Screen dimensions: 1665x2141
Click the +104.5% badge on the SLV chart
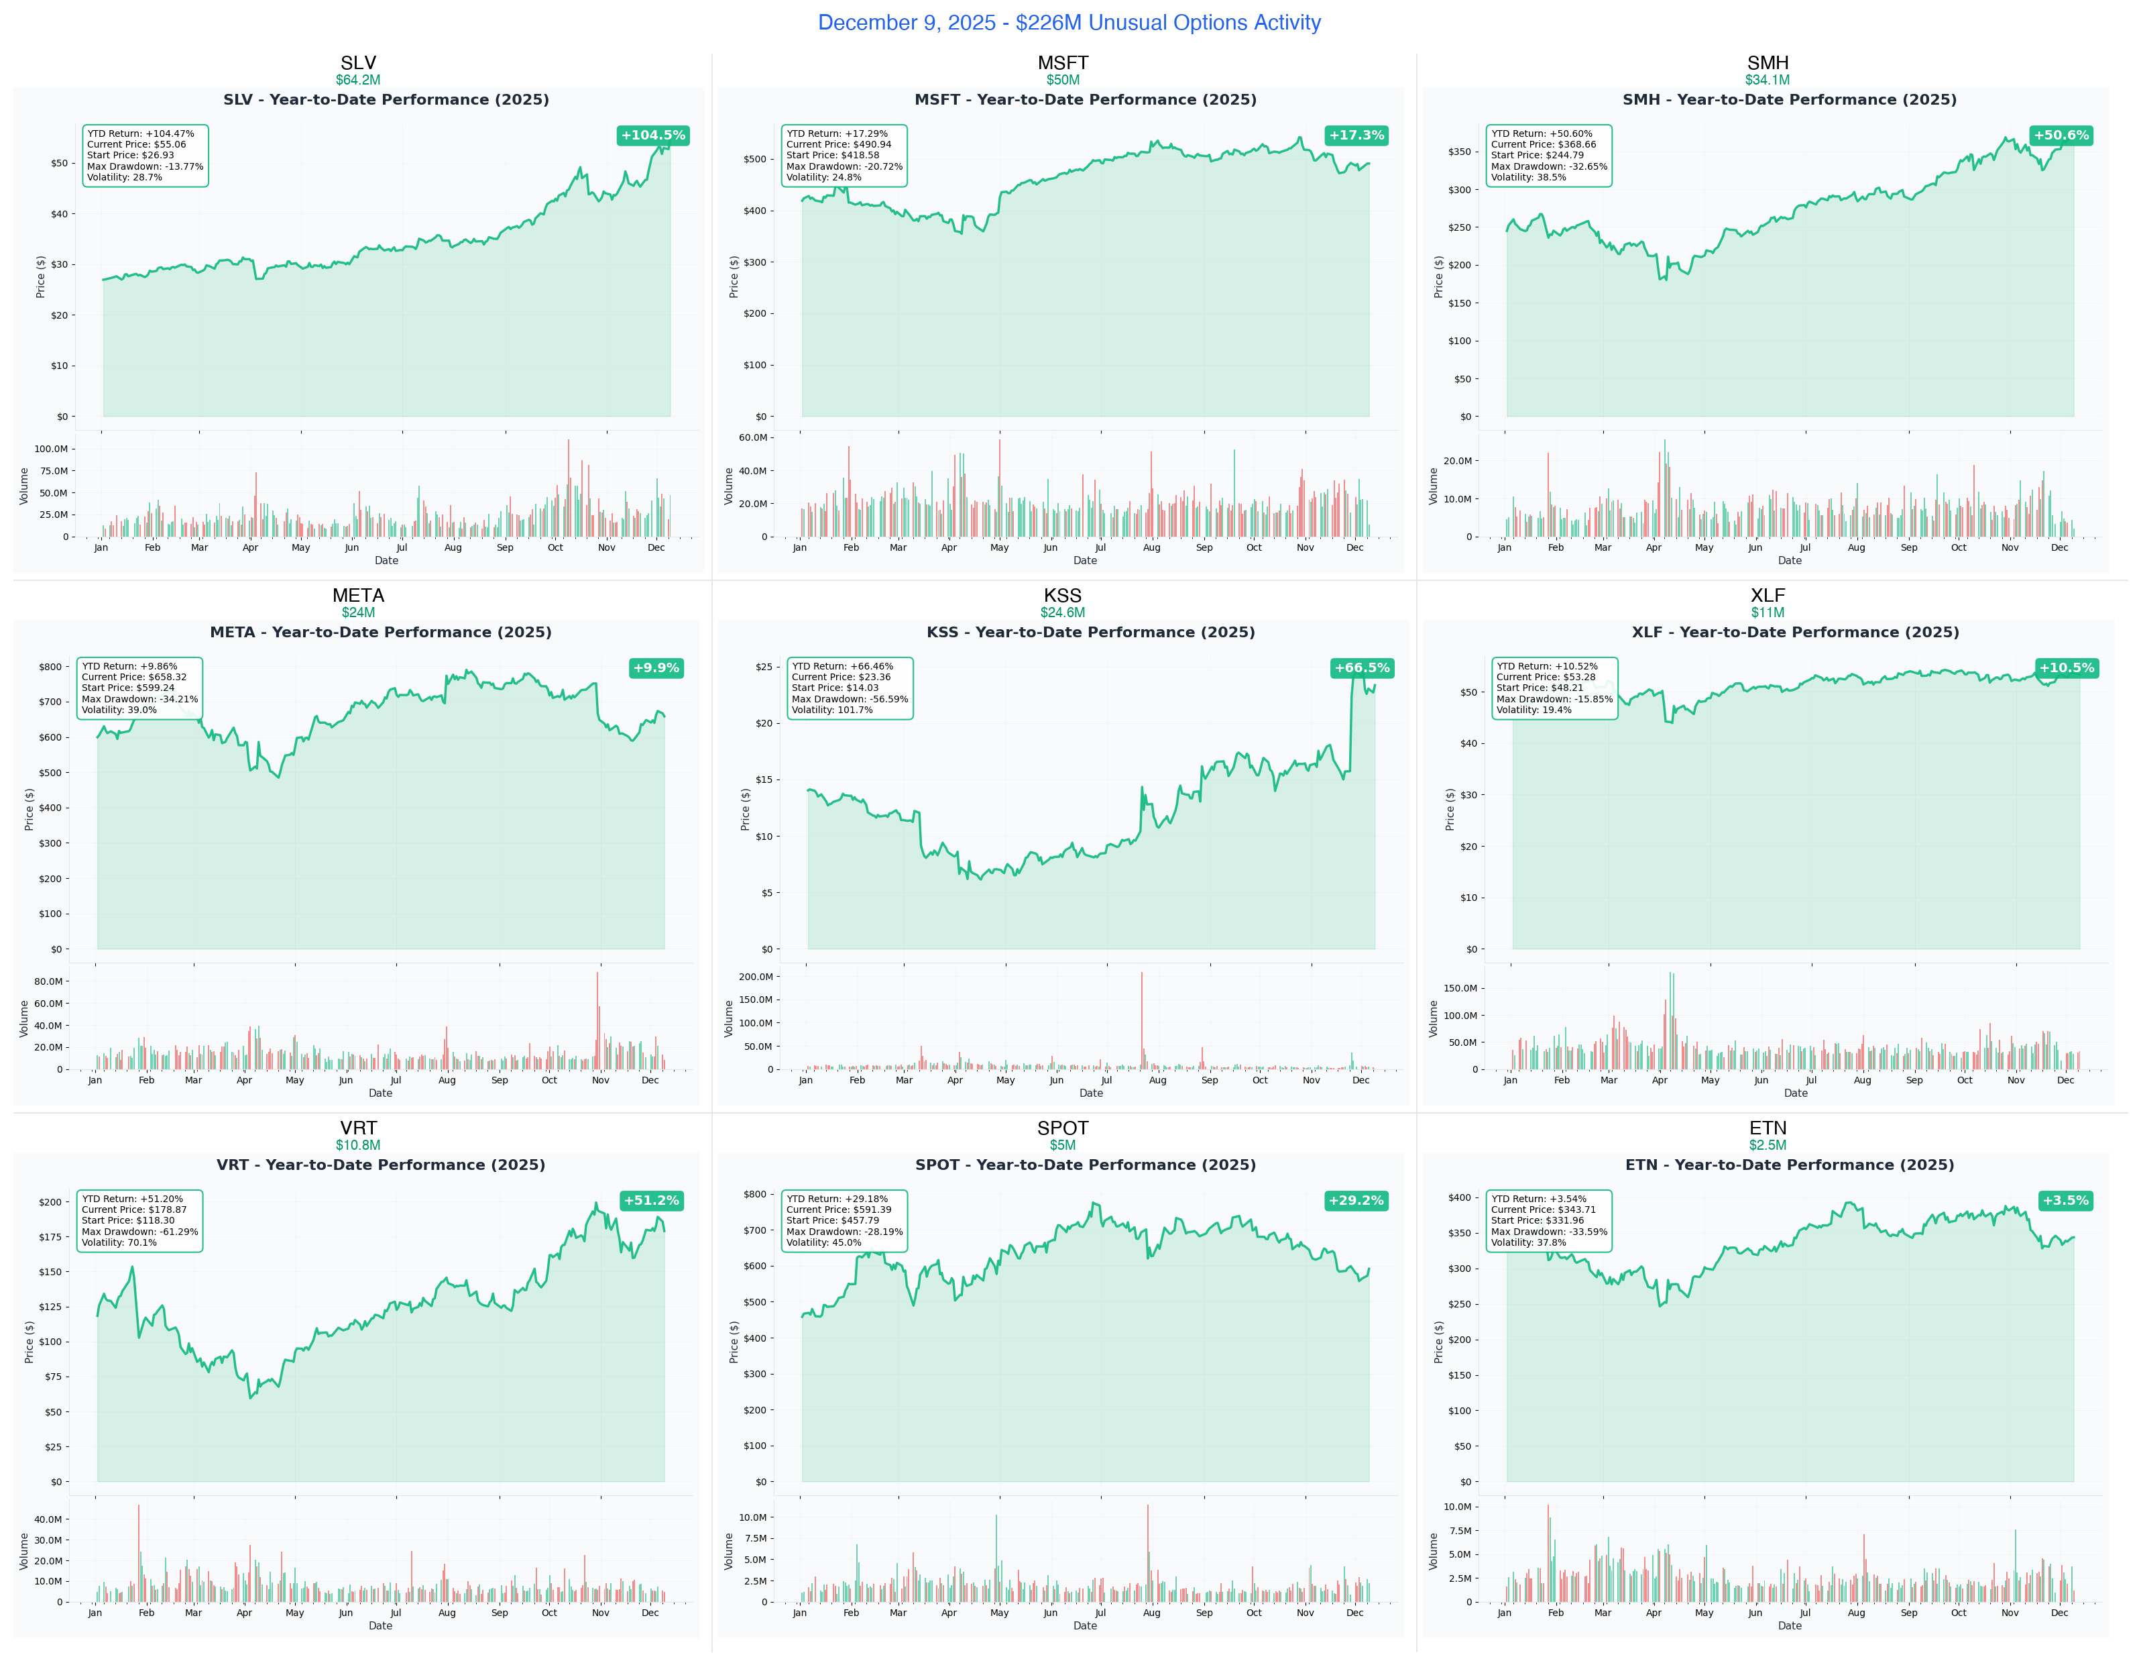coord(653,136)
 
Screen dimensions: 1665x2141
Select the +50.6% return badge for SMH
coord(2061,136)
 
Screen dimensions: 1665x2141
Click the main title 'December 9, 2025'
coord(1069,23)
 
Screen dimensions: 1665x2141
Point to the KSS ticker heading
coord(1063,595)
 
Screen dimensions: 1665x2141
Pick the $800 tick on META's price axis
coord(50,667)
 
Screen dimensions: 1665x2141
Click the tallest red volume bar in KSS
coord(1141,1020)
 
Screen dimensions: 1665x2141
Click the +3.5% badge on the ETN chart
coord(2065,1200)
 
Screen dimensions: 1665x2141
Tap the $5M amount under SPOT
coord(1063,1145)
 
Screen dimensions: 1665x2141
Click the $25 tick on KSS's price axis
coord(764,667)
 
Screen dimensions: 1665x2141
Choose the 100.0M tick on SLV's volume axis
coord(51,449)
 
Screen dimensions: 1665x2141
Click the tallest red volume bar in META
coord(597,1020)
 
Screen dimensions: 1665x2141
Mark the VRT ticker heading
coord(358,1128)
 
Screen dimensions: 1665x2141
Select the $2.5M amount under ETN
coord(1768,1145)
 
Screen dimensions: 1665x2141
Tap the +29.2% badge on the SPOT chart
coord(1356,1200)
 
